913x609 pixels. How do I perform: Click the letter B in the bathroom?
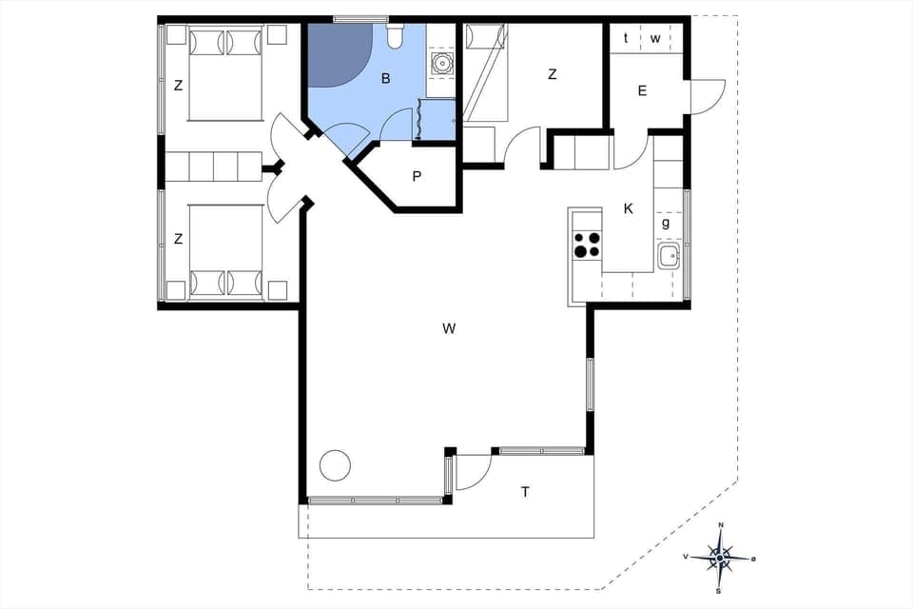pos(385,79)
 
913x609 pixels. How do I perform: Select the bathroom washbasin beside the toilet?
pos(441,64)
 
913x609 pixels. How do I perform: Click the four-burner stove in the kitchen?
pos(587,246)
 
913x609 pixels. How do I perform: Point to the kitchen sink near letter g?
pos(669,254)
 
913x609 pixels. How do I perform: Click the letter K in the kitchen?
pos(628,209)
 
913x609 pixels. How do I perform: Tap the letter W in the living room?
pos(449,329)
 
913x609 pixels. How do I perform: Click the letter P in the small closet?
pos(417,177)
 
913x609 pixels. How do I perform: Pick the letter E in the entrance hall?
pos(642,91)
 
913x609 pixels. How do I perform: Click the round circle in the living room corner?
pos(334,465)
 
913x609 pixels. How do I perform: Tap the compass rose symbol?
pos(721,556)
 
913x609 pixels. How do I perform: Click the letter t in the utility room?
pos(626,38)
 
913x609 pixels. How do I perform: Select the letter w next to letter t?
pos(655,38)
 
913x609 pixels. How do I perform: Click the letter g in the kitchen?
pos(666,224)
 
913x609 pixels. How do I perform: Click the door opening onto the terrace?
pos(474,472)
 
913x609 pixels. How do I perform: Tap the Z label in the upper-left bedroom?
pos(178,86)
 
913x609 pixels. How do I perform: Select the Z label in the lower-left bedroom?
pos(178,239)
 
